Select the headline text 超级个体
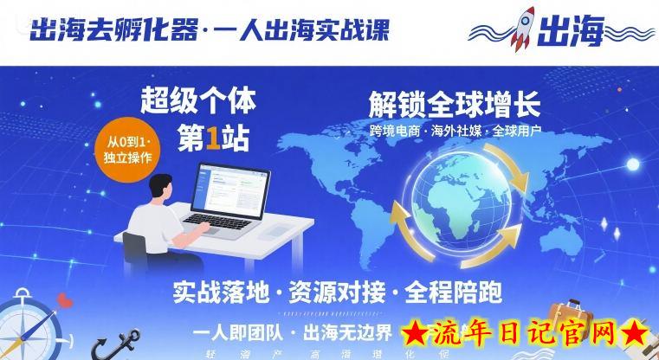pos(197,102)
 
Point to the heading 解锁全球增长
pos(454,106)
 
